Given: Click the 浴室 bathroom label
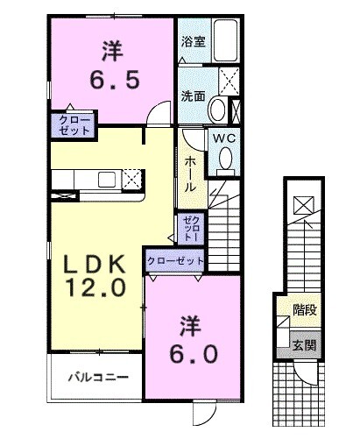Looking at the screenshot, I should (193, 41).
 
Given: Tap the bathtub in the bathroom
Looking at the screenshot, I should (225, 39).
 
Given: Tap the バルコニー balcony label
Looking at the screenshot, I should (99, 378).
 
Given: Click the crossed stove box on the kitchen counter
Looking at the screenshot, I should (133, 180).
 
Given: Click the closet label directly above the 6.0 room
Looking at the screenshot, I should (175, 260).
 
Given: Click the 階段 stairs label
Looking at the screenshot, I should (305, 309).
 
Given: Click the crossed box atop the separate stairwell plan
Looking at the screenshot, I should (303, 205).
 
